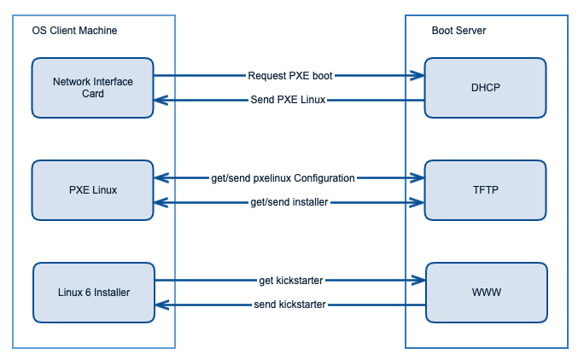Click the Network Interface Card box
pyautogui.click(x=92, y=87)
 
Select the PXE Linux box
pyautogui.click(x=92, y=189)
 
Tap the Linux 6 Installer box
pyautogui.click(x=92, y=292)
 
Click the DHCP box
pyautogui.click(x=485, y=87)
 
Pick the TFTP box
pyautogui.click(x=485, y=189)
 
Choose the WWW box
pyautogui.click(x=485, y=292)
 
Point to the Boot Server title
pyautogui.click(x=459, y=31)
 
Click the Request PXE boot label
pyautogui.click(x=289, y=75)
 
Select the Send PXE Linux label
pyautogui.click(x=289, y=101)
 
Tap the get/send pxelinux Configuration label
pyautogui.click(x=283, y=177)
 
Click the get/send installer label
pyautogui.click(x=289, y=202)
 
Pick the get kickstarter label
pyautogui.click(x=290, y=280)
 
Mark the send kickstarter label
pyautogui.click(x=289, y=305)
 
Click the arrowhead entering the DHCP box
pyautogui.click(x=418, y=75)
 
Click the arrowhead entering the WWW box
pyautogui.click(x=418, y=280)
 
